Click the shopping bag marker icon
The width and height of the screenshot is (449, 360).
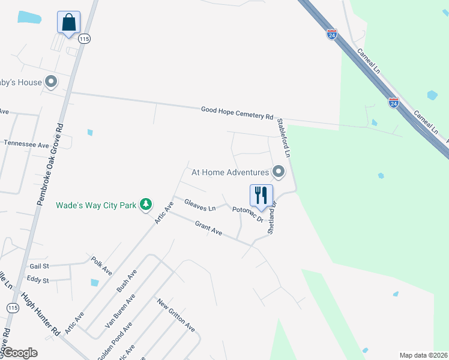click(68, 23)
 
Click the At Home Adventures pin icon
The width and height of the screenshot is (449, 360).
click(279, 172)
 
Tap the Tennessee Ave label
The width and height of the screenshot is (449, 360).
click(26, 145)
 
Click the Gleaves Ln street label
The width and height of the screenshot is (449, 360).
click(200, 205)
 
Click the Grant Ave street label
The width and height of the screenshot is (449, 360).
click(208, 228)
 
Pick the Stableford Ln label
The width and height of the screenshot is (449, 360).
click(283, 137)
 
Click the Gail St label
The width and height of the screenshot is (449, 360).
click(38, 266)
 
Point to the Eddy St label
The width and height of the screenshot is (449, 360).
click(38, 280)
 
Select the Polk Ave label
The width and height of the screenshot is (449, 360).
click(102, 266)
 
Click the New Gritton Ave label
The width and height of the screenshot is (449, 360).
click(176, 315)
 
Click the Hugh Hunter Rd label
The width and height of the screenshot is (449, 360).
click(39, 313)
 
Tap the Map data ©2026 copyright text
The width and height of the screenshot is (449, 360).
click(423, 355)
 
